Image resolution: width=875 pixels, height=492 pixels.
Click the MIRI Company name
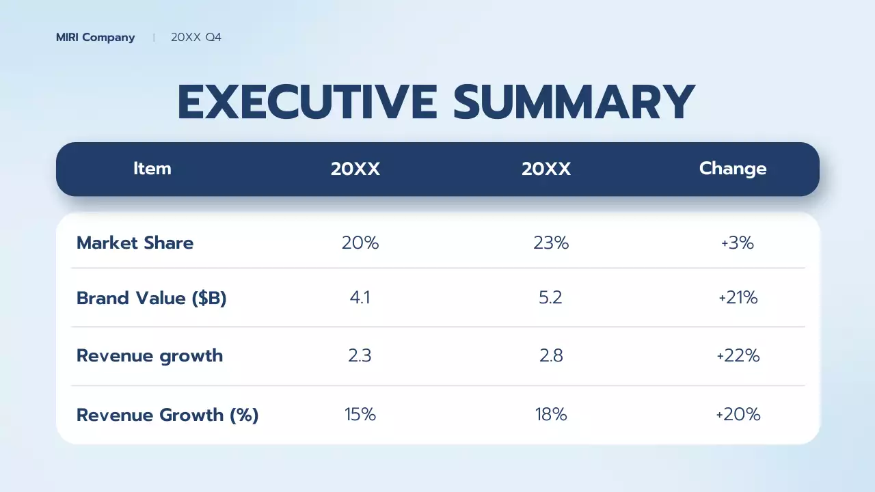pos(95,38)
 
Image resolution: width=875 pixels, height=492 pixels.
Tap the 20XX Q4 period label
pos(196,38)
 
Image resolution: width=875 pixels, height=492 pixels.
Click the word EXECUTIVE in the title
pos(307,102)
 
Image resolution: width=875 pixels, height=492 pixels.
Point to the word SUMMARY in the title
pos(574,102)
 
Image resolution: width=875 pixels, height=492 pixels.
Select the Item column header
pos(152,169)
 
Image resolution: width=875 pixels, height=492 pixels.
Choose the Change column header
pos(733,169)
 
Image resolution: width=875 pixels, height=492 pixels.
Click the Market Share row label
pos(135,243)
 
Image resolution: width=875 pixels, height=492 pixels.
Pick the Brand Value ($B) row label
pos(151,298)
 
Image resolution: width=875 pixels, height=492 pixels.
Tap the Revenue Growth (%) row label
pos(167,415)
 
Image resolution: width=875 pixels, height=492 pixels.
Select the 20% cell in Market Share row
pos(360,243)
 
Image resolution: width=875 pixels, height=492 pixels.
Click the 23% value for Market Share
pos(551,243)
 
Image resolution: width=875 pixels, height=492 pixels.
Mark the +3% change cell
pos(737,243)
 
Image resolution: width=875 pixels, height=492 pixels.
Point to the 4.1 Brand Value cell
pos(360,298)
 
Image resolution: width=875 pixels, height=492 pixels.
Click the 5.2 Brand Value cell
pos(550,298)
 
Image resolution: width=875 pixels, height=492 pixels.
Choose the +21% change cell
pos(738,298)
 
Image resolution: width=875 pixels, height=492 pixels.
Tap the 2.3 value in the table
pos(360,355)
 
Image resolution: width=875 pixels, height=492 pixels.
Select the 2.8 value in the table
pos(551,355)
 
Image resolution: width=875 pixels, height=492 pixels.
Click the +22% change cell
pos(738,355)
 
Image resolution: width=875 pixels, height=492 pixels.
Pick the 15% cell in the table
pos(360,415)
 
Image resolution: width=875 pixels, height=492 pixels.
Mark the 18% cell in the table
pos(551,415)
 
